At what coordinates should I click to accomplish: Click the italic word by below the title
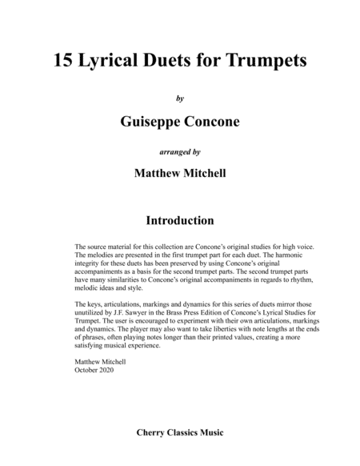point(180,98)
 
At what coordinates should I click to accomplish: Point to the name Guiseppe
point(147,122)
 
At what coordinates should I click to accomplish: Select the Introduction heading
point(180,219)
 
